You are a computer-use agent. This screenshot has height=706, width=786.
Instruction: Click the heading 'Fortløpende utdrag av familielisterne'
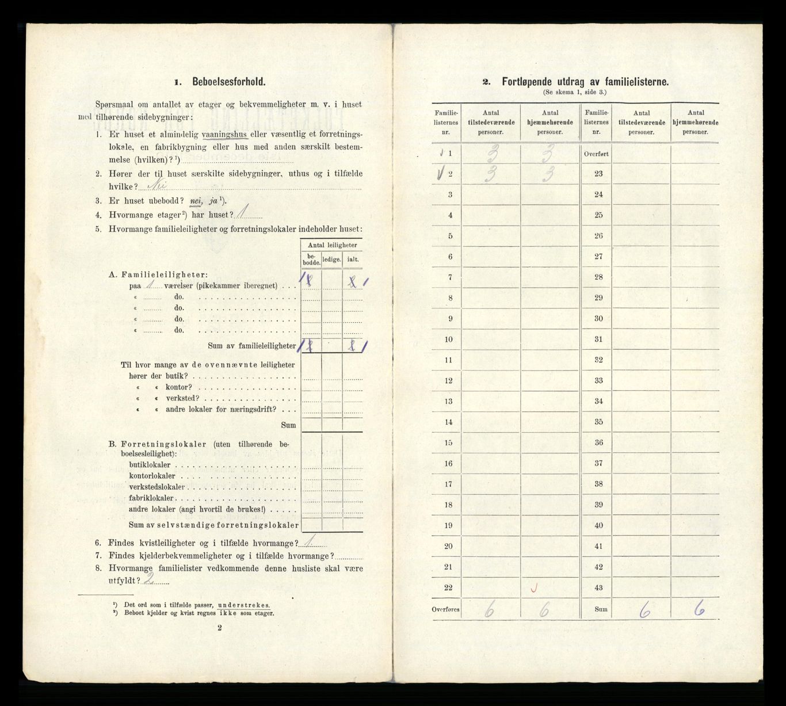(x=585, y=82)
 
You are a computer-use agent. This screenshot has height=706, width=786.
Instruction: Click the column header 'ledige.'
(x=331, y=259)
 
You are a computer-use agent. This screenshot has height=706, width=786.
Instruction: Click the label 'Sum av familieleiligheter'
(x=252, y=346)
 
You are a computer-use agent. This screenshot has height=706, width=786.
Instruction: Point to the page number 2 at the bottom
(x=220, y=629)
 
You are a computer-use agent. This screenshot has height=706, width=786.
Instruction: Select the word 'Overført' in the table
(x=596, y=154)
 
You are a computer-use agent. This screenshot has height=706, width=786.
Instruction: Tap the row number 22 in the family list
(x=449, y=587)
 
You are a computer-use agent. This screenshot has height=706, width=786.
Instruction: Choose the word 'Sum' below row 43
(x=596, y=609)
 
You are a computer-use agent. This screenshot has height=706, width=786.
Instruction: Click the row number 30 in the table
(x=598, y=319)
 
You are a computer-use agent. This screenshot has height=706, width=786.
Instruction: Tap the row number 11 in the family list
(x=449, y=360)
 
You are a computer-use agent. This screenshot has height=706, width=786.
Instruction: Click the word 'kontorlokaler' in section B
(x=152, y=476)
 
